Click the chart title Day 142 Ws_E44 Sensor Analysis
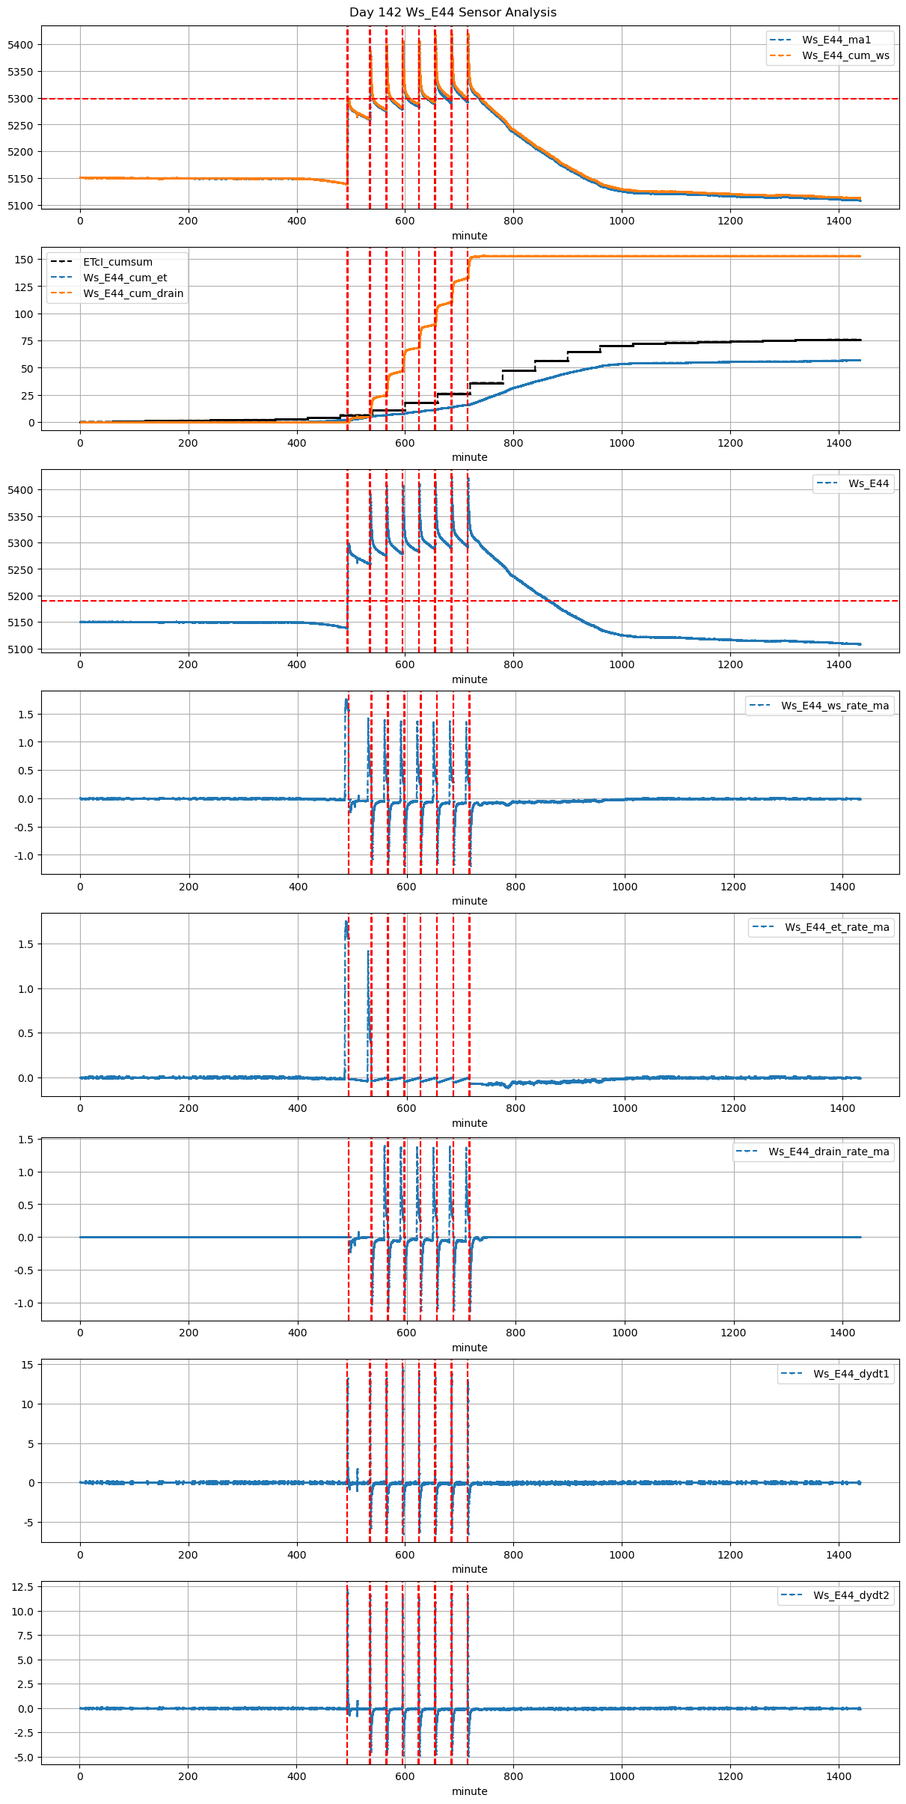coord(453,13)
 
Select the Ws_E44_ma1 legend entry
coord(836,40)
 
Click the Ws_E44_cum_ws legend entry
coord(845,55)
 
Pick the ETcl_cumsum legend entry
coord(117,262)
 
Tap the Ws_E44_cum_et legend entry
coord(125,278)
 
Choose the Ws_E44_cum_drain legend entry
coord(133,293)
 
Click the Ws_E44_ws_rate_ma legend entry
coord(835,706)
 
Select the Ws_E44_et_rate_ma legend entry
coord(836,927)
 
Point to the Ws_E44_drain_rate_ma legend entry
coord(828,1152)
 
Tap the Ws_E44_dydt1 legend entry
coord(851,1374)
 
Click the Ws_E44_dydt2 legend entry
coord(851,1595)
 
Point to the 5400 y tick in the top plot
coord(20,45)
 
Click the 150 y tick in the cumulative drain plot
coord(25,260)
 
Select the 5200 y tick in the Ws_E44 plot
coord(20,596)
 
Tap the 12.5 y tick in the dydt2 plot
coord(22,1587)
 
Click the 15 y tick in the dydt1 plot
coord(28,1365)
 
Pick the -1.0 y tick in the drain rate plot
coord(23,1303)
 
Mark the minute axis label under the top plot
coord(469,236)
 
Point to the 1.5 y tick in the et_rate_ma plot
coord(26,944)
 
